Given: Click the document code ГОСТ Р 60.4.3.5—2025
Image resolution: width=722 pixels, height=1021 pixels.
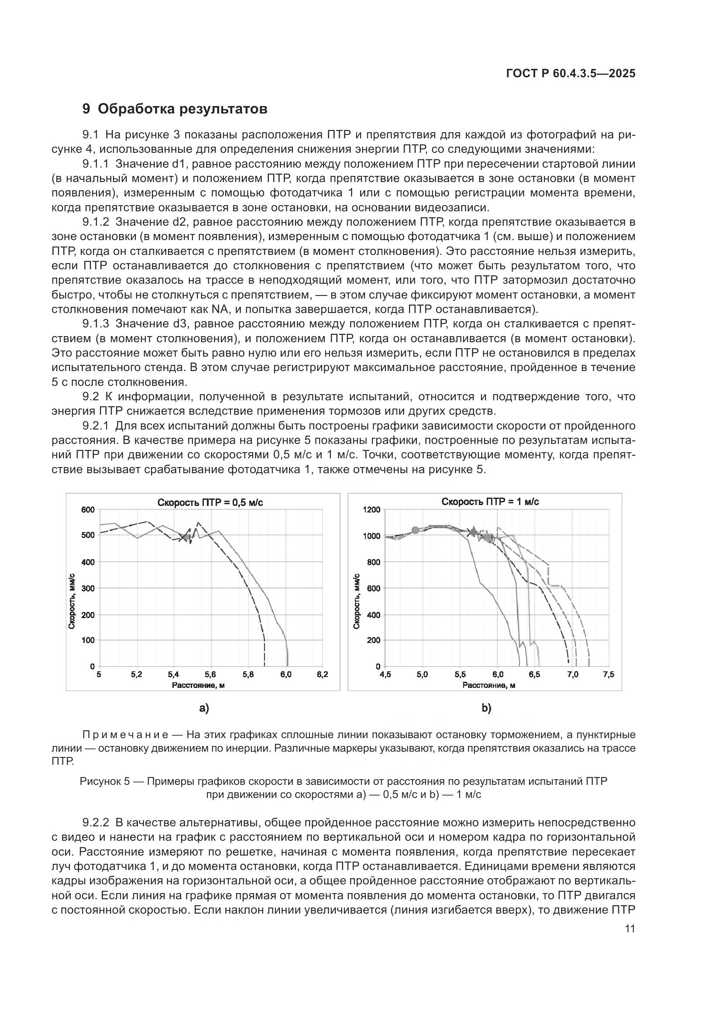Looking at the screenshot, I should coord(571,74).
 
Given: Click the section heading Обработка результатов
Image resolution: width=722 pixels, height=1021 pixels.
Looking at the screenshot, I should coord(182,109).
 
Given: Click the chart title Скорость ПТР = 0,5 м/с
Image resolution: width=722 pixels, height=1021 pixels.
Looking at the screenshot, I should coord(210,502).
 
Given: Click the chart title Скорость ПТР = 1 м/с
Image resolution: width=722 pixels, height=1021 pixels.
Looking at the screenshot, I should coord(490,502).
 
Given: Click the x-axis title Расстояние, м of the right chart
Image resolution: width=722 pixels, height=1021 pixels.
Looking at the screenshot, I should coord(489,685).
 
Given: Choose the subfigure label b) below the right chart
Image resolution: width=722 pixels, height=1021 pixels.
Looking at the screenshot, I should coord(486,708).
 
